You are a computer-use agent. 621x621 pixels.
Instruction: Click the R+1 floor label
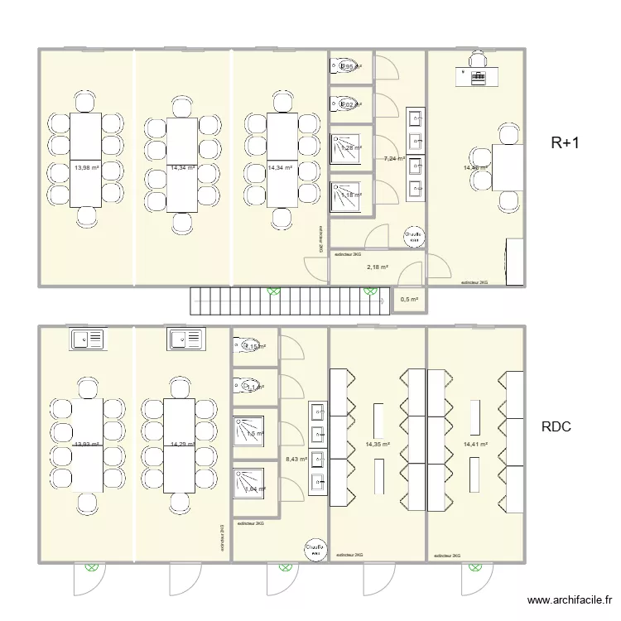click(566, 143)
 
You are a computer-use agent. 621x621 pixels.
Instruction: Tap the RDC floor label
click(557, 428)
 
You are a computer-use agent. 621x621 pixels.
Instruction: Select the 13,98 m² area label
click(86, 167)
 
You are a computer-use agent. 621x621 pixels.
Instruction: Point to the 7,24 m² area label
click(394, 158)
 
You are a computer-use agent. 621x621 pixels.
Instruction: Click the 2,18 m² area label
click(378, 267)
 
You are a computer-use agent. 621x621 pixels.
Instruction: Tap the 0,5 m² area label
click(409, 300)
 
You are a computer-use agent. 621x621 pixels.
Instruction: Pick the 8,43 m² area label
click(296, 459)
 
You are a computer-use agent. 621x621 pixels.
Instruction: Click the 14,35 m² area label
click(377, 445)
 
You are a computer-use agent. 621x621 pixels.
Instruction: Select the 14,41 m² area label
click(475, 445)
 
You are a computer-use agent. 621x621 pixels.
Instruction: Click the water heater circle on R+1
click(414, 237)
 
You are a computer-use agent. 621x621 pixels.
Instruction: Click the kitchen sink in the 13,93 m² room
click(86, 339)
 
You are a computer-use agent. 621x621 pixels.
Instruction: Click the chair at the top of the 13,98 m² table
click(85, 103)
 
